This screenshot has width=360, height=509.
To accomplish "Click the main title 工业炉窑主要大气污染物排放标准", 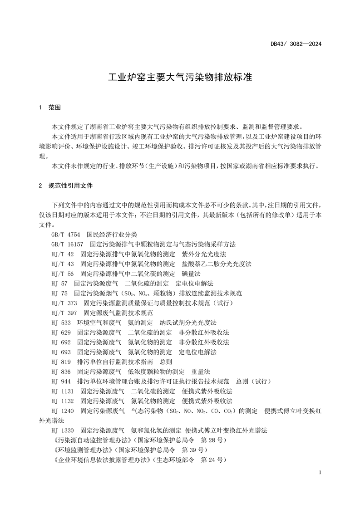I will (x=180, y=77).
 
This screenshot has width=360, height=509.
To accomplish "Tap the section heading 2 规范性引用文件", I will (x=66, y=186).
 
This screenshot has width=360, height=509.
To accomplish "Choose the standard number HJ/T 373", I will (x=64, y=303).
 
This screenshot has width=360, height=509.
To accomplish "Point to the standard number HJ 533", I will (x=61, y=323).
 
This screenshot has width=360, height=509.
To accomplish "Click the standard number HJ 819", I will (x=61, y=362).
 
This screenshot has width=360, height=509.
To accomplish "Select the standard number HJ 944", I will (x=61, y=381).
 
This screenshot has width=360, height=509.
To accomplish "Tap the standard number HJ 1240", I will (x=63, y=411).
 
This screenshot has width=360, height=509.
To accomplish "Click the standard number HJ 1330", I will (x=63, y=430).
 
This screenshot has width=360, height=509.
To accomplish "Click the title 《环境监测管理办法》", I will (x=83, y=450).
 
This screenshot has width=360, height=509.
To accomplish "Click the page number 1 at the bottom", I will (x=321, y=473).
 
